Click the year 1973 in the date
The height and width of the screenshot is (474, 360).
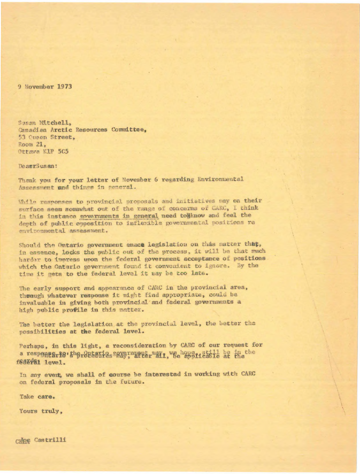[x=65, y=87]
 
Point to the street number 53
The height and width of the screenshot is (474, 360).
[x=22, y=137]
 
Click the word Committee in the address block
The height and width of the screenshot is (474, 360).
[x=129, y=130]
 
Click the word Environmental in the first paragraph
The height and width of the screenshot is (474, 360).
[x=220, y=179]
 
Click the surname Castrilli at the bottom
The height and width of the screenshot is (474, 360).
[x=51, y=440]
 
